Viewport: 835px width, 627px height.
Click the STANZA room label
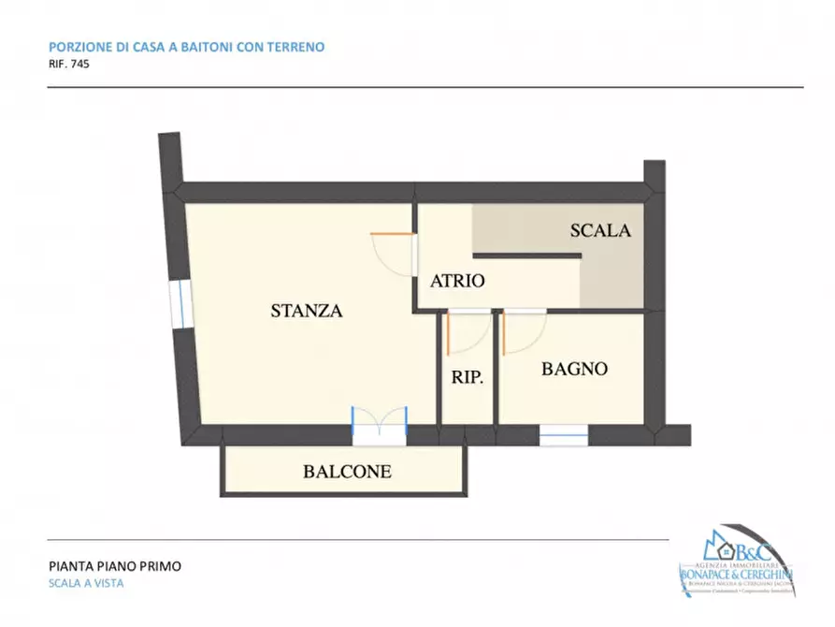pyautogui.click(x=307, y=312)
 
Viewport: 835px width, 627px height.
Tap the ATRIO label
pyautogui.click(x=456, y=281)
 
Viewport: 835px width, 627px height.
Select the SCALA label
pyautogui.click(x=600, y=230)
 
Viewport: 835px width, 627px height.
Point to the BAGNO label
pyautogui.click(x=574, y=369)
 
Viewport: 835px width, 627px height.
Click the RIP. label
pyautogui.click(x=468, y=379)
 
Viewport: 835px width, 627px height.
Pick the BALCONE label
pyautogui.click(x=347, y=472)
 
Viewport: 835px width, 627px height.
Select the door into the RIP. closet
pyautogui.click(x=467, y=331)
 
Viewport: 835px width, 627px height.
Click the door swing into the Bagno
pyautogui.click(x=523, y=331)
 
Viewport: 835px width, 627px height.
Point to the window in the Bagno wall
pyautogui.click(x=564, y=435)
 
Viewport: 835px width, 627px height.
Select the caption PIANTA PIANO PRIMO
pyautogui.click(x=114, y=565)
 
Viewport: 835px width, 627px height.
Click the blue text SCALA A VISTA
pyautogui.click(x=86, y=583)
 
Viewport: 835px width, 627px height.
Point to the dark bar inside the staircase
pyautogui.click(x=525, y=255)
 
